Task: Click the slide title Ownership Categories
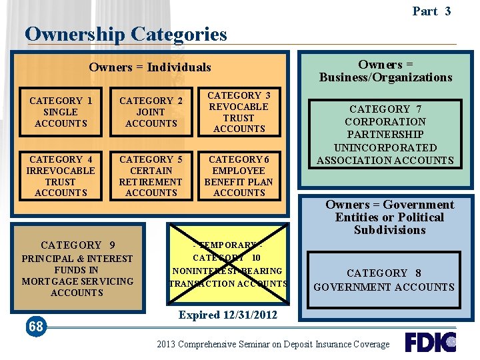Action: point(126,34)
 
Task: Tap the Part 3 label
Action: point(431,11)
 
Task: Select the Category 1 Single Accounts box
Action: point(61,112)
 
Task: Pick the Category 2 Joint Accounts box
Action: point(151,112)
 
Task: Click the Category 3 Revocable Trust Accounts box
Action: point(239,112)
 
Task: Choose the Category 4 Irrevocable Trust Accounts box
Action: point(61,176)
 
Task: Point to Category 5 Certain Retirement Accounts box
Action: point(151,176)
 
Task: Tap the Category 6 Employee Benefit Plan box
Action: point(239,176)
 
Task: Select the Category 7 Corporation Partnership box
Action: point(385,135)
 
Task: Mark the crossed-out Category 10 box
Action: point(229,265)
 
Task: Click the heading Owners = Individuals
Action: point(149,67)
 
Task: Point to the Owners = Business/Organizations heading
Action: point(385,71)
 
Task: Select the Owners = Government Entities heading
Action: point(389,217)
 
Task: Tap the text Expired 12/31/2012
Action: point(228,315)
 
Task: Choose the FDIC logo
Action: point(430,342)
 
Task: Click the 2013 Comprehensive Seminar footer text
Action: point(273,344)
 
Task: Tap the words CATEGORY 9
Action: point(77,245)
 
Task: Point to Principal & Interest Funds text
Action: point(77,275)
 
